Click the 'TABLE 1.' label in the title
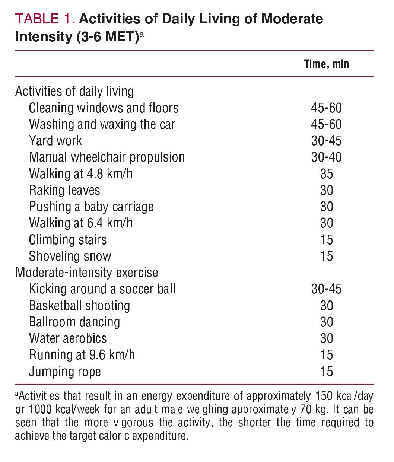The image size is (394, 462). click(x=45, y=19)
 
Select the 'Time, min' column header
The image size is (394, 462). click(x=326, y=64)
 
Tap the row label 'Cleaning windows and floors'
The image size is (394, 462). click(x=104, y=108)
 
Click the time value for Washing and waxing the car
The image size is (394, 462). click(x=326, y=124)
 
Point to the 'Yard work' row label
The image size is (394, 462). click(x=55, y=141)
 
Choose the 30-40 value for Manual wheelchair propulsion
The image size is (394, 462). click(x=326, y=157)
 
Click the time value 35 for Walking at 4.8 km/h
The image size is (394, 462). click(x=326, y=174)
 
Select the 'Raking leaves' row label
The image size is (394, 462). click(x=64, y=190)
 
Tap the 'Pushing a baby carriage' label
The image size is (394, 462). click(x=91, y=207)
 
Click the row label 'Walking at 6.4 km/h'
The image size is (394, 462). click(x=81, y=223)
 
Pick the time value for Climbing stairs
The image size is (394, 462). click(x=326, y=240)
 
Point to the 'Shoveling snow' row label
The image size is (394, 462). click(x=70, y=256)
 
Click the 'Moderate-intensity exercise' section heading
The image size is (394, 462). click(x=86, y=273)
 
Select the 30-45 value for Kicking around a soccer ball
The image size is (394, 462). click(x=326, y=289)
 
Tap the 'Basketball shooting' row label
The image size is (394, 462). click(x=79, y=306)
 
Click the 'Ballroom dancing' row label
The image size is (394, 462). click(x=74, y=322)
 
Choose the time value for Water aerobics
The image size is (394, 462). click(x=326, y=338)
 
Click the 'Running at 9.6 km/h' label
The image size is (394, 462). click(x=82, y=355)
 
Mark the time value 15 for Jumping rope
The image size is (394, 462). click(x=326, y=372)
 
